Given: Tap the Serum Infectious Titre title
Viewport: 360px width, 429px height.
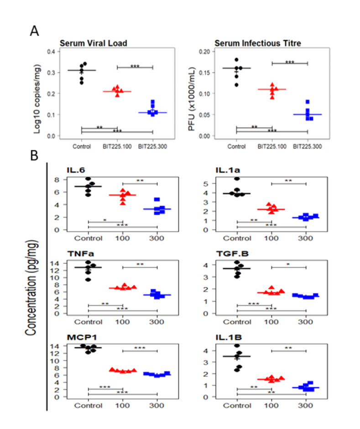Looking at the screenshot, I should (x=240, y=43).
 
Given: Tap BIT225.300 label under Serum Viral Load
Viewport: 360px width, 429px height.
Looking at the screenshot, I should (x=153, y=146).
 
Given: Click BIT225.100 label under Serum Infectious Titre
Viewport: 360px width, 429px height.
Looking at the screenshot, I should (x=272, y=146).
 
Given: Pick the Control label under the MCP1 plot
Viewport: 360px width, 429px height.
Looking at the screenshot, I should (x=89, y=405).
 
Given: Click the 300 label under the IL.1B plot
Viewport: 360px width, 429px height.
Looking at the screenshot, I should (x=306, y=405).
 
